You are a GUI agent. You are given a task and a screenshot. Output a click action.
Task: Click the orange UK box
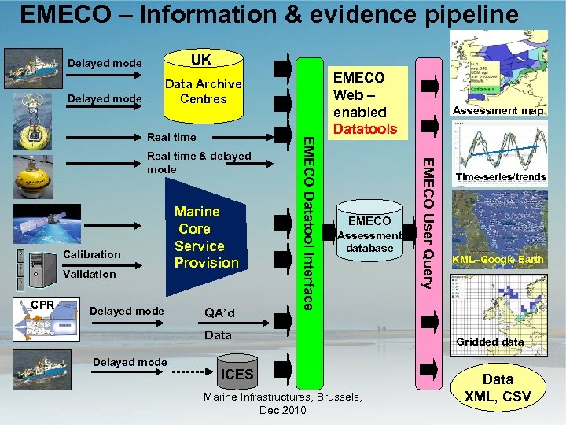pyautogui.click(x=200, y=60)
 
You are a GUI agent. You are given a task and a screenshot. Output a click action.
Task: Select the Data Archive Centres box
pyautogui.click(x=203, y=91)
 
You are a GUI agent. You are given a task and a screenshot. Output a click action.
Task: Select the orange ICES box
pyautogui.click(x=237, y=374)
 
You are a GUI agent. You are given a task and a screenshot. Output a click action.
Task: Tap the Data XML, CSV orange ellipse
pyautogui.click(x=497, y=388)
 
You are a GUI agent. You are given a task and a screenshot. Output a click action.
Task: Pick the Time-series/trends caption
pyautogui.click(x=499, y=177)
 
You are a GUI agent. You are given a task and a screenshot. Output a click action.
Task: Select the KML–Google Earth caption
pyautogui.click(x=498, y=260)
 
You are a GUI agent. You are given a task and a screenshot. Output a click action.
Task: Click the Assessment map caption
pyautogui.click(x=498, y=111)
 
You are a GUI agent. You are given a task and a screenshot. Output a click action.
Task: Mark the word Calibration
pyautogui.click(x=92, y=254)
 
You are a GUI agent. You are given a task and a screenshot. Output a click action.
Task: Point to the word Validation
pyautogui.click(x=90, y=274)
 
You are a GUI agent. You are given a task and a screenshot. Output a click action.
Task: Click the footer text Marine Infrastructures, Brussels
pyautogui.click(x=282, y=397)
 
